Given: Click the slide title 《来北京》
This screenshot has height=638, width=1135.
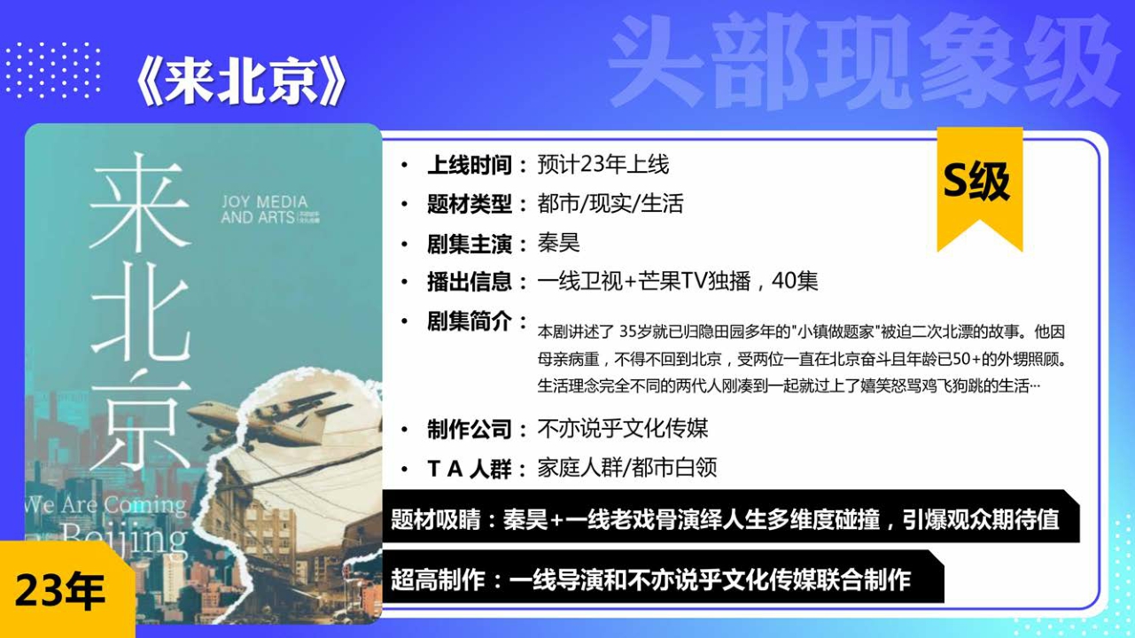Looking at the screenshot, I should point(239,84).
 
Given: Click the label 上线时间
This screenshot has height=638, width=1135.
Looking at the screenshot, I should point(470,165).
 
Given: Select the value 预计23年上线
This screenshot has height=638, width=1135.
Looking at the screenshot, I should point(602,165).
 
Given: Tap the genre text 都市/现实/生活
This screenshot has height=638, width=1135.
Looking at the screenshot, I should point(610,204).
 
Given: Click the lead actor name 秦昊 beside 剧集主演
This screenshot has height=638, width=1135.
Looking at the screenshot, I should point(558,243).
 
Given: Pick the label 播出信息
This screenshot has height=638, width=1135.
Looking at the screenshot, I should point(470,282).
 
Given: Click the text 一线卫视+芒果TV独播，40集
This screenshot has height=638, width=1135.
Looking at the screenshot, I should point(677,282).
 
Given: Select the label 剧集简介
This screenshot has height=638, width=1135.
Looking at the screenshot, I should point(470,321).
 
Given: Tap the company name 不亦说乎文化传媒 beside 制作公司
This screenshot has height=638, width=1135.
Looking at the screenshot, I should point(622,430).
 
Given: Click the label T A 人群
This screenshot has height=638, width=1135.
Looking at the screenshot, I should point(470,469).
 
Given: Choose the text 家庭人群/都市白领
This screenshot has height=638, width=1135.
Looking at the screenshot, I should point(626,469).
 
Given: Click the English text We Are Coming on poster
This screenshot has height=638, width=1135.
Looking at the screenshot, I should point(106,505).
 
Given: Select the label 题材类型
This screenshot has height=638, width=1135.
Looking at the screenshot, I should point(470,204).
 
